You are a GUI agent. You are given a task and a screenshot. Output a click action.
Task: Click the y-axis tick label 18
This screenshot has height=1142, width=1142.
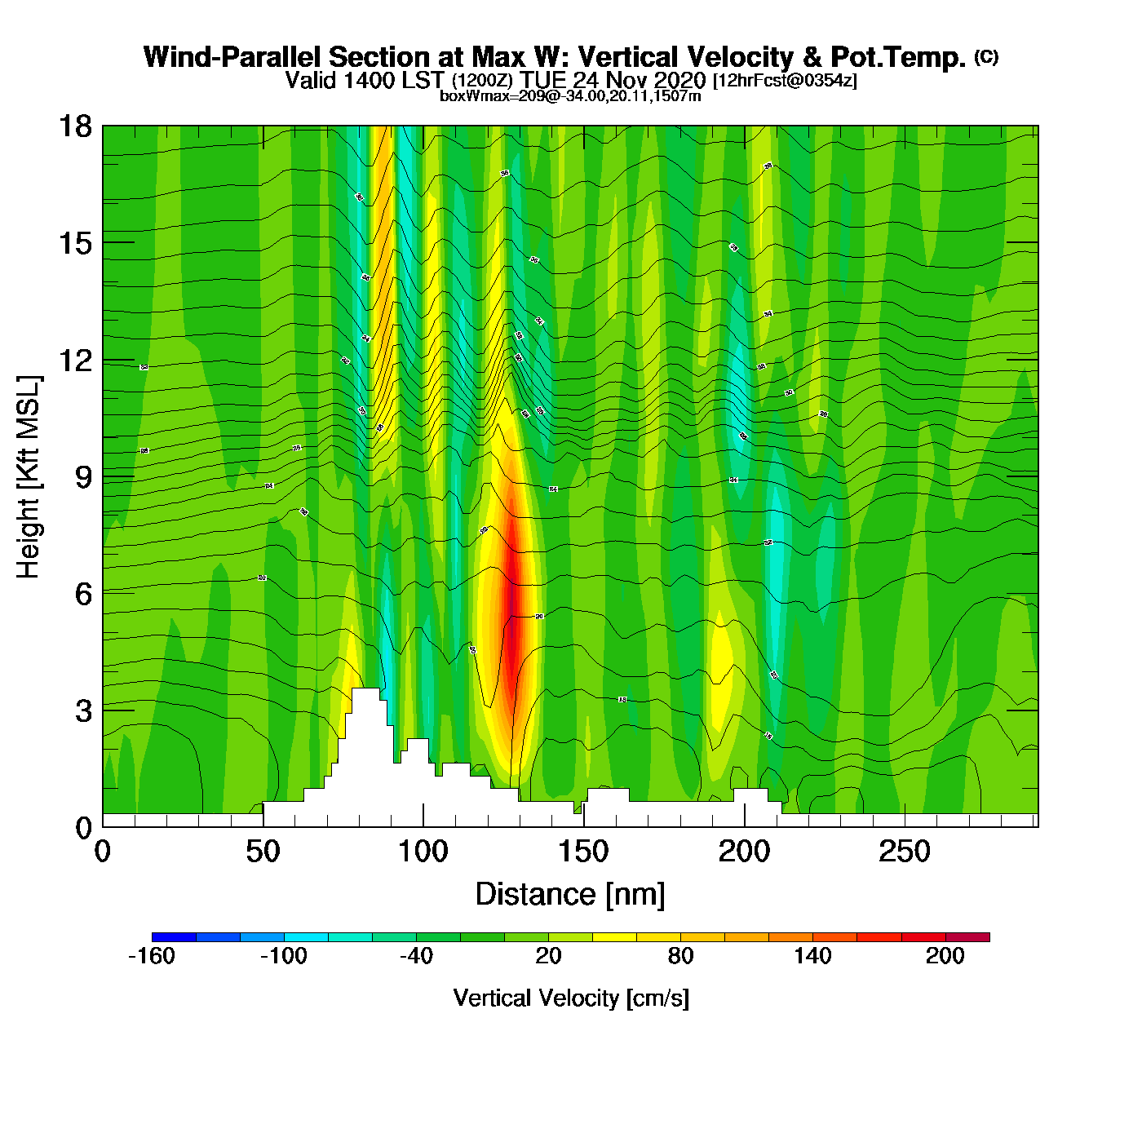[74, 126]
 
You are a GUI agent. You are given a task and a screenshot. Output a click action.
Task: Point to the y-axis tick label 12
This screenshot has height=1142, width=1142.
[74, 360]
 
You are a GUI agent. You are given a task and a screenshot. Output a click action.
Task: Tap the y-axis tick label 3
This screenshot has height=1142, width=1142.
[83, 710]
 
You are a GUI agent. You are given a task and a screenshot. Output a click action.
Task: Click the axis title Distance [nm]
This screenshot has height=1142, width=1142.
[570, 894]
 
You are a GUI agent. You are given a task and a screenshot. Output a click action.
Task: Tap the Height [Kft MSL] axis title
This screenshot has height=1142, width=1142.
[29, 477]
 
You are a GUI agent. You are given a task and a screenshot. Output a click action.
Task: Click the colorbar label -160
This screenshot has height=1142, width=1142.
[152, 956]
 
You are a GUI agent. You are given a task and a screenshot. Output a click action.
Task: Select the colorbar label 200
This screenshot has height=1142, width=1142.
[945, 956]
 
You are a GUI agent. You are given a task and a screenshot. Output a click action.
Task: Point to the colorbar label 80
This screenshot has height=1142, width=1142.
[680, 956]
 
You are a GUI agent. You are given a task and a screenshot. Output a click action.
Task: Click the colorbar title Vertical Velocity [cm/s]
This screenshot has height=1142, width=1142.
[571, 998]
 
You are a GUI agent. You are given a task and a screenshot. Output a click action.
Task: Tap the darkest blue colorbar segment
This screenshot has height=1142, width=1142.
[174, 937]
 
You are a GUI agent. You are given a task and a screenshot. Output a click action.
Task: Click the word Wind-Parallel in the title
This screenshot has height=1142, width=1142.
[232, 57]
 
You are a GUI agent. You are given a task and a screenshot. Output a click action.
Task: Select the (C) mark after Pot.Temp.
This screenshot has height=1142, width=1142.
[986, 56]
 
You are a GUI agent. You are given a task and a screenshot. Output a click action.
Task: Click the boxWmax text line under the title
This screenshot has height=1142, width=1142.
[570, 96]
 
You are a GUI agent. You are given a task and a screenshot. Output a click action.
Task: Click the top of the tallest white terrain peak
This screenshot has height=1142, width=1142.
[365, 690]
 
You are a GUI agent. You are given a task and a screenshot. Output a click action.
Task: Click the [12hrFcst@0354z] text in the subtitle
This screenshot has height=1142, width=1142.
[785, 81]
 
